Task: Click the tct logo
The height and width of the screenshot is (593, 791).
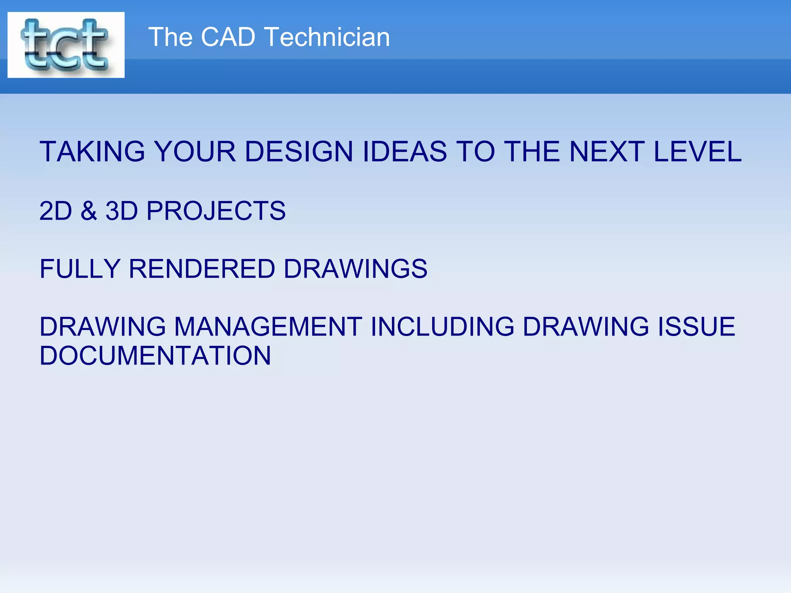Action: [x=66, y=45]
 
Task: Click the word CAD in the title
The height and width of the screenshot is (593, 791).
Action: [x=228, y=37]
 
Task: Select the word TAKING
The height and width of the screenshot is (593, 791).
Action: [x=92, y=151]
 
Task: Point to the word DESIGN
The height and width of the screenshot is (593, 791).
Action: [x=299, y=151]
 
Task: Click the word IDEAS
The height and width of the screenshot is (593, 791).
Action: [x=404, y=151]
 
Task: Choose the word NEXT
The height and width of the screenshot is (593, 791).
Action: [x=607, y=151]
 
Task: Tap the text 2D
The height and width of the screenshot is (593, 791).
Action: [x=56, y=211]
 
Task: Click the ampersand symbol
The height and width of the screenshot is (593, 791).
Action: [x=89, y=211]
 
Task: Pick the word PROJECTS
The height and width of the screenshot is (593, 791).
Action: [x=216, y=211]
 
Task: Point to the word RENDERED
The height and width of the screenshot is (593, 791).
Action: [x=202, y=269]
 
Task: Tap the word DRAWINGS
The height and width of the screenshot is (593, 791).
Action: [x=355, y=269]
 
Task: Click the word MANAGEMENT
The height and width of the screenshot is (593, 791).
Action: [x=268, y=327]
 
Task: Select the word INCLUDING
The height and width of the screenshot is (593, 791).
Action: [x=442, y=327]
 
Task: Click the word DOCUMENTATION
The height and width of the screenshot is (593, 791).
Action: [x=155, y=356]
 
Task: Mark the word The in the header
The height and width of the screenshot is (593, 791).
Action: [x=170, y=37]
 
